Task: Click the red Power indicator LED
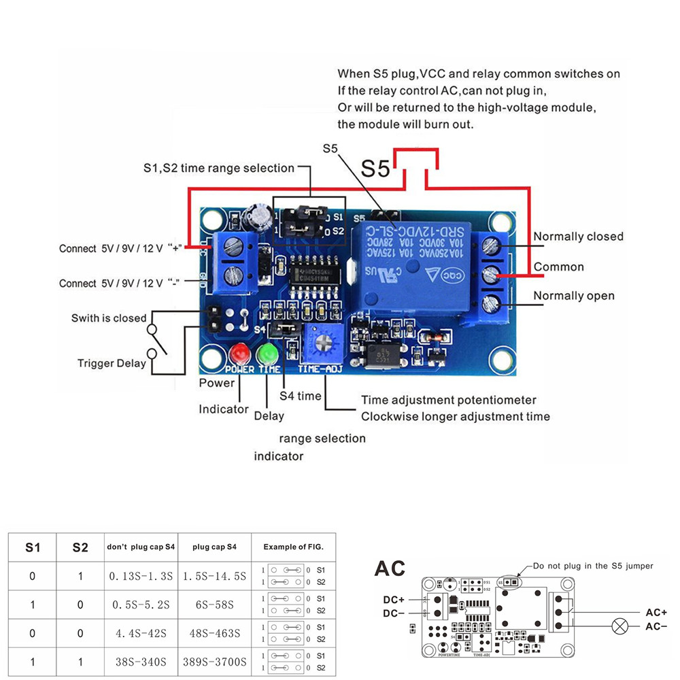coord(238,354)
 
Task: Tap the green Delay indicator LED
coord(267,354)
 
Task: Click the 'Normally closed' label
coord(578,237)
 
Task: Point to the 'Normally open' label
coord(573,296)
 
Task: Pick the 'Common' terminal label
coord(558,267)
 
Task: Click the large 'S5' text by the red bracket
coord(376,168)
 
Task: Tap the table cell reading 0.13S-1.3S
coord(139,576)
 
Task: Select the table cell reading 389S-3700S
coord(214,661)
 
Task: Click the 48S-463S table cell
coord(214,633)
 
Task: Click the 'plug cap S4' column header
coord(214,547)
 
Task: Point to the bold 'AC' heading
coord(390,568)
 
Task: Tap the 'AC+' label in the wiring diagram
coord(656,612)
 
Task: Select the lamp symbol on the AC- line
coord(619,626)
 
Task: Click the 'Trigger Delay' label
coord(112,363)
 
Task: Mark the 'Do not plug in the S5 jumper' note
coord(592,566)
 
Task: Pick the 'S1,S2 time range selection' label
coord(218,168)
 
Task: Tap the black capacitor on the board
coord(261,214)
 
